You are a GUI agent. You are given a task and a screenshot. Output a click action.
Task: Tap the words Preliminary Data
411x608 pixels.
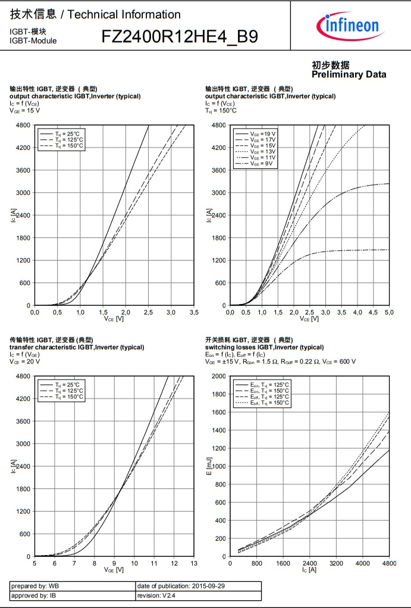point(349,74)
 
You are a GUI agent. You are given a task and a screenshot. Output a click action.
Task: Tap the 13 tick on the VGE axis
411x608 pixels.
point(194,563)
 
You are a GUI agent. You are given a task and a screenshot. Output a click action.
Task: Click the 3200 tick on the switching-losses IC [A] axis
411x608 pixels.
point(336,563)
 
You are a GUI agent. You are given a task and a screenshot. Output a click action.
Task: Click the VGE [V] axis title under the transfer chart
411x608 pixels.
point(114,570)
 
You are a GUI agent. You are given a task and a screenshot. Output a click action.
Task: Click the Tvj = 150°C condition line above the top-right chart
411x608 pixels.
point(221,110)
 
